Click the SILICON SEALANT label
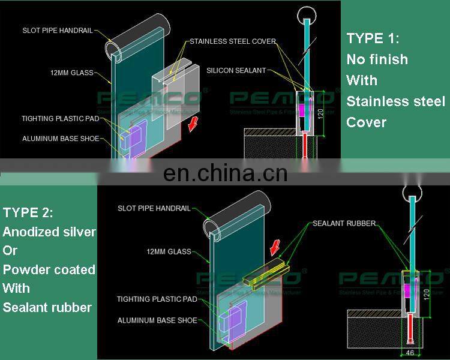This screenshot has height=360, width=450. click(x=236, y=71)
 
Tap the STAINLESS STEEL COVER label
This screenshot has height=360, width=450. click(x=232, y=42)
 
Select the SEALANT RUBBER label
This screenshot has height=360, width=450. click(x=344, y=224)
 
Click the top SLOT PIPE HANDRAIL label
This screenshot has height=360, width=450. click(x=58, y=30)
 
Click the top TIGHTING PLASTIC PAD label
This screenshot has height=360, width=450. click(x=60, y=119)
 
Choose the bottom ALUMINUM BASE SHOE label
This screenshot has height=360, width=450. click(x=157, y=321)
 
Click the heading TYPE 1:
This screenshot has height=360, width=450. click(x=373, y=38)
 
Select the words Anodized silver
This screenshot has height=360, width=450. click(x=49, y=232)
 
